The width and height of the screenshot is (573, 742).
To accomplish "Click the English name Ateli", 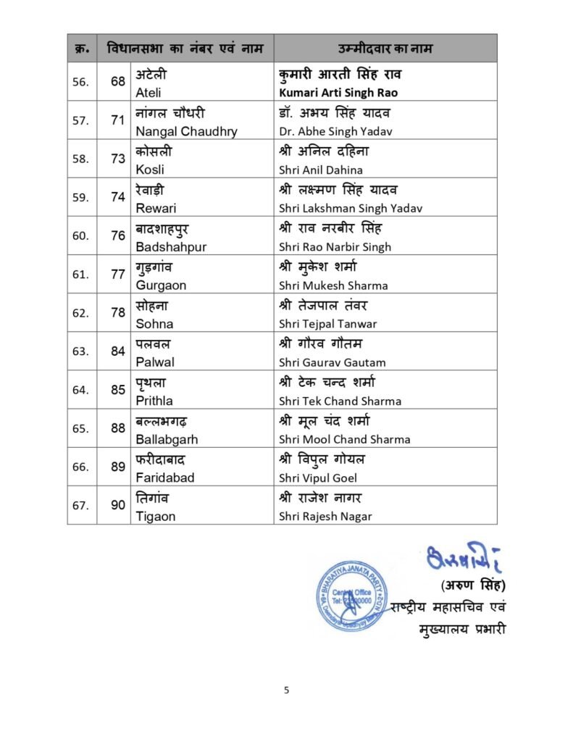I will pyautogui.click(x=149, y=93).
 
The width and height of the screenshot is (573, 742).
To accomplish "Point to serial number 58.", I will pyautogui.click(x=80, y=159).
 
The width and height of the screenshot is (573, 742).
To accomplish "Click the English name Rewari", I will pyautogui.click(x=156, y=208).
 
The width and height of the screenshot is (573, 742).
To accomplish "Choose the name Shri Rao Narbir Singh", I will pyautogui.click(x=335, y=246).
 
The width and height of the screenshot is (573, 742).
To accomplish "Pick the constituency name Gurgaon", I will pyautogui.click(x=161, y=285).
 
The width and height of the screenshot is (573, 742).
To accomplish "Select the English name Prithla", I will pyautogui.click(x=154, y=401).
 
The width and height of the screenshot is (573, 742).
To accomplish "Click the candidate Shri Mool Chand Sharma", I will pyautogui.click(x=344, y=439).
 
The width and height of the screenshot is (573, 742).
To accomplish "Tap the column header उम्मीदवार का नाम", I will pyautogui.click(x=385, y=49).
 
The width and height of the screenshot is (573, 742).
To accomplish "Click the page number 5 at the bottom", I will pyautogui.click(x=286, y=690).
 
